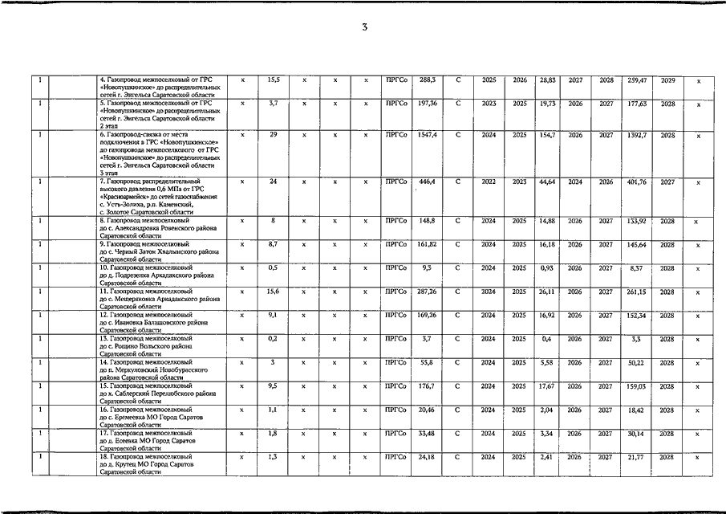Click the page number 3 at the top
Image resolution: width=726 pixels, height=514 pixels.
tap(363, 28)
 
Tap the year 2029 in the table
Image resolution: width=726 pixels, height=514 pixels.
tap(667, 80)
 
